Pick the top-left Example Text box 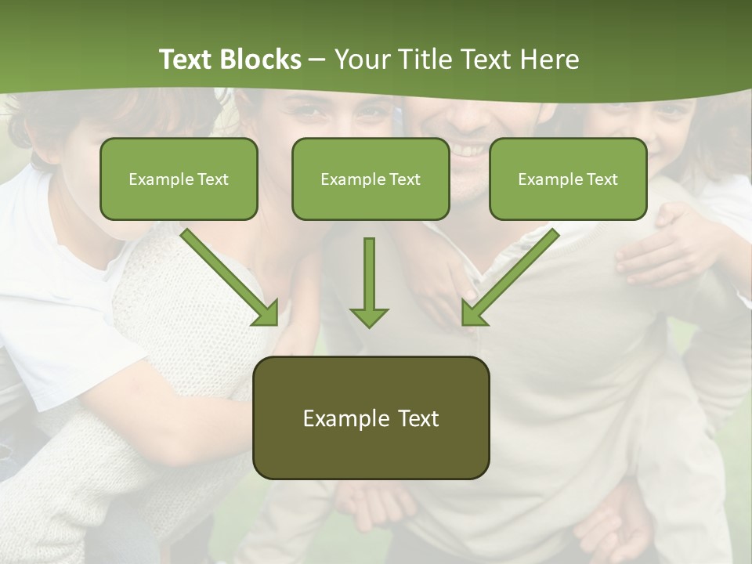[179, 179]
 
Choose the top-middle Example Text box [371, 179]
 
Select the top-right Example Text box [568, 179]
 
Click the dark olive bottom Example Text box [371, 418]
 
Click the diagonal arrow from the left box [231, 278]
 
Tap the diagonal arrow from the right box [509, 278]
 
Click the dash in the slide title [317, 60]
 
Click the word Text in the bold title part [186, 60]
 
